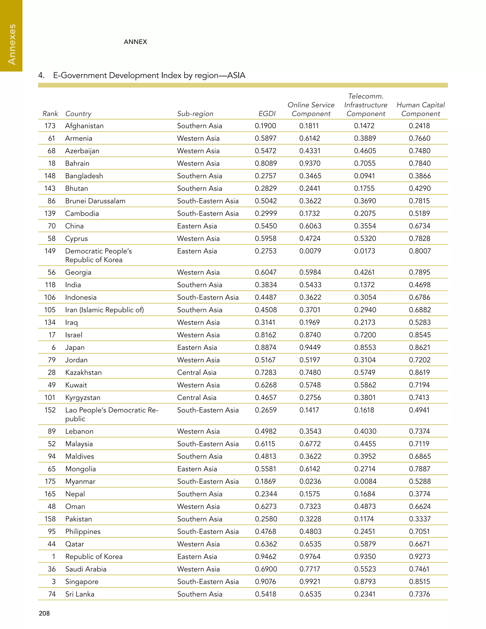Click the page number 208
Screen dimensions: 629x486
44,613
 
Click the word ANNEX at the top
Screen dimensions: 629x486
135,42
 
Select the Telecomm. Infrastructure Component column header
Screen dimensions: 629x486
366,105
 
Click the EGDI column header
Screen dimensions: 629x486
267,114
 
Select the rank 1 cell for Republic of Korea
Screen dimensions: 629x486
54,557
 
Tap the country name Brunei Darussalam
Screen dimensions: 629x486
95,201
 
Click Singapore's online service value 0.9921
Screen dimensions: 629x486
310,582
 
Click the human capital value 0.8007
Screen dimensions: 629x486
420,251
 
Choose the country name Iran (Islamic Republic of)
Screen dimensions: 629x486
104,310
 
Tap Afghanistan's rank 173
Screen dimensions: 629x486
50,126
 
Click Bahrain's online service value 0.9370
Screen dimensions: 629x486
310,164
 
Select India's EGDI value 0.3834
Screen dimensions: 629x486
266,285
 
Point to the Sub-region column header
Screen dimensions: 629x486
195,114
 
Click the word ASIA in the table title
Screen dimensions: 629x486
236,75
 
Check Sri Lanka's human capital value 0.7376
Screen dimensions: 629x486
420,594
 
